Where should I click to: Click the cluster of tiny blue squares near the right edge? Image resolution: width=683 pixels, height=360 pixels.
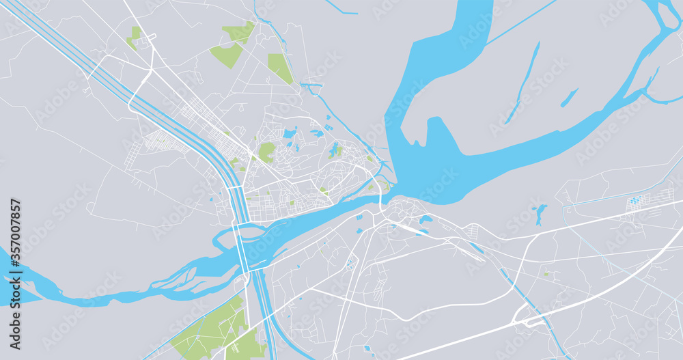point(636,200)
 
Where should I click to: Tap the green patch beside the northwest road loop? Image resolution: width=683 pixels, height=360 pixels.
point(134,37)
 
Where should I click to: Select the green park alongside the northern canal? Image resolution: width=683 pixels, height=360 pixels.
point(279,68)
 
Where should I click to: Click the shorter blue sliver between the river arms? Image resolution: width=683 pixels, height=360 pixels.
point(569,98)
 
